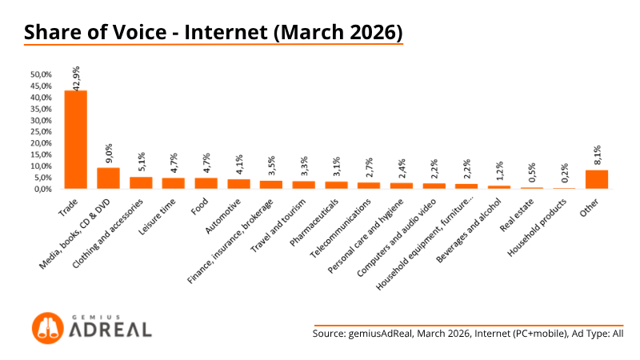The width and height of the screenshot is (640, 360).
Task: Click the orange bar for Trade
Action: [x=75, y=139]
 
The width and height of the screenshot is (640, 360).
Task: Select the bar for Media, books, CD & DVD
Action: [x=108, y=178]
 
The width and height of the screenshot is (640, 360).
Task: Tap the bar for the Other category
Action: [x=597, y=179]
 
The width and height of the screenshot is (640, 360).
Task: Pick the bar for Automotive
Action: [x=238, y=184]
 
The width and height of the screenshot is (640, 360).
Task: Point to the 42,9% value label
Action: [x=76, y=78]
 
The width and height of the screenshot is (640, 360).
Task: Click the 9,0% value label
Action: [x=109, y=154]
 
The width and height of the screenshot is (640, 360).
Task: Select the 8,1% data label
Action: [x=597, y=154]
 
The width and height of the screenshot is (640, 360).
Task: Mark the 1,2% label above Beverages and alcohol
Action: [x=499, y=170]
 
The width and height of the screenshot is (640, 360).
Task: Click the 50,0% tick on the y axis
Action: [x=41, y=74]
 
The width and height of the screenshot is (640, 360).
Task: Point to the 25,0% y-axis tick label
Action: [x=41, y=131]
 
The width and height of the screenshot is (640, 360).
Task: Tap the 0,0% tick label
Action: [x=42, y=189]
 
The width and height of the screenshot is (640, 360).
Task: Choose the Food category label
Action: [x=199, y=206]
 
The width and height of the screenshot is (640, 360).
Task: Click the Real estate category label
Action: [x=516, y=215]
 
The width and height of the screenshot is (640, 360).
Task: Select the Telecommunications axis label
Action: [x=341, y=228]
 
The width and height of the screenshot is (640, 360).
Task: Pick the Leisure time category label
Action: [x=157, y=217]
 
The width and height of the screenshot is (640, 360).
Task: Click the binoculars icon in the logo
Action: [x=48, y=328]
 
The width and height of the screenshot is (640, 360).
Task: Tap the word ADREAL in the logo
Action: [x=110, y=330]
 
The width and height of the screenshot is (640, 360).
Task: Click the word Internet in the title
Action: [x=226, y=32]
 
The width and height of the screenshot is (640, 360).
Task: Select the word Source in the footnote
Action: [x=329, y=334]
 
